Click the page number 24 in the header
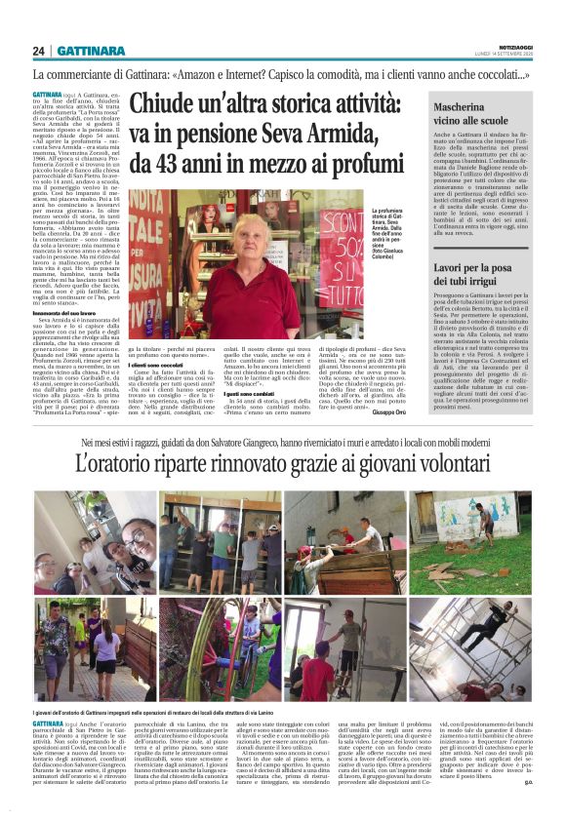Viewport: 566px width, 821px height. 39,51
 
